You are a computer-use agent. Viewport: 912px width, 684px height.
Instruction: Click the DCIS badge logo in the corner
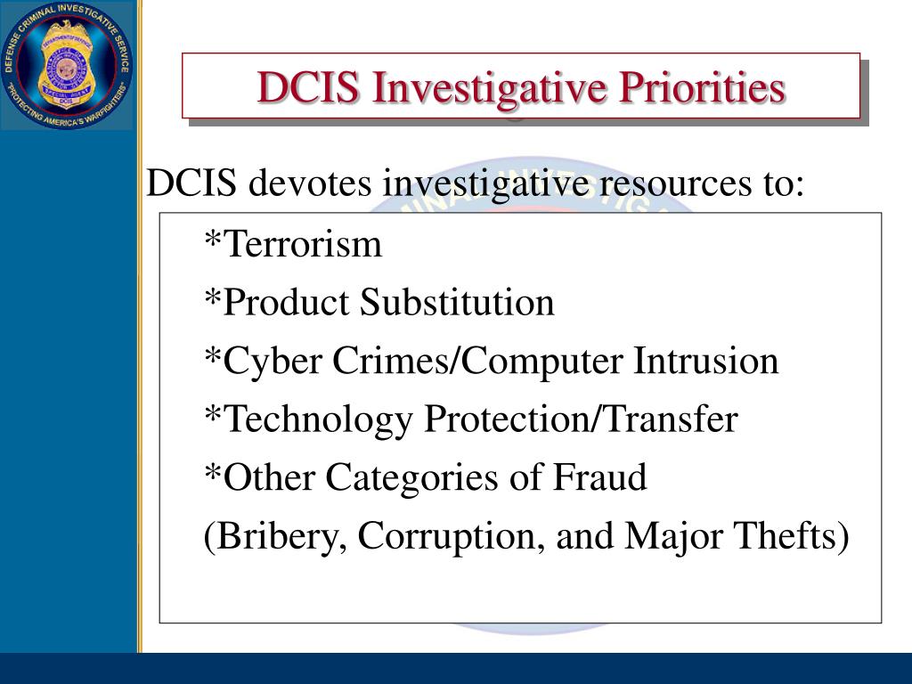pyautogui.click(x=66, y=65)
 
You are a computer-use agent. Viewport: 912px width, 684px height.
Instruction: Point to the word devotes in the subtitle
pyautogui.click(x=311, y=184)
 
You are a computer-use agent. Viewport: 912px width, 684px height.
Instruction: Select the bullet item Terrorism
pyautogui.click(x=303, y=244)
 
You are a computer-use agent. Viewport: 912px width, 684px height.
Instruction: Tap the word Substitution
pyautogui.click(x=457, y=303)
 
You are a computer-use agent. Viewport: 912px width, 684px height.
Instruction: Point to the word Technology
pyautogui.click(x=318, y=419)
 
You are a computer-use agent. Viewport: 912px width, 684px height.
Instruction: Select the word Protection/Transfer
pyautogui.click(x=581, y=419)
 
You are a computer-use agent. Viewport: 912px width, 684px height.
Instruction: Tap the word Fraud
pyautogui.click(x=601, y=478)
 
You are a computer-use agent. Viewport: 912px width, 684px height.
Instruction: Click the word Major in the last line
pyautogui.click(x=661, y=537)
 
